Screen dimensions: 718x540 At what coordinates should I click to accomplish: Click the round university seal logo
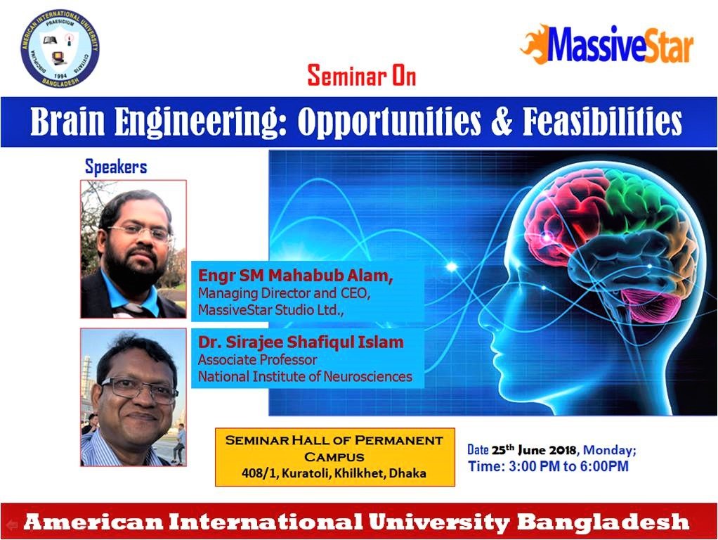point(60,49)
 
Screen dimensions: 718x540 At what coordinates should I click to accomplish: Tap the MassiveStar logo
point(607,44)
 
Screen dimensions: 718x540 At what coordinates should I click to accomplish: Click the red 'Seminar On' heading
point(362,76)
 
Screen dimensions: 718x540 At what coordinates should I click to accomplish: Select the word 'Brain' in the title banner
point(67,121)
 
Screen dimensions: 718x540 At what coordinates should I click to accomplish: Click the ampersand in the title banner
point(502,122)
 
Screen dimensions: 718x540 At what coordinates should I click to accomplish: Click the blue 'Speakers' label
point(116,167)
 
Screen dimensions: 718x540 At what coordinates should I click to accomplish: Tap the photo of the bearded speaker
point(133,250)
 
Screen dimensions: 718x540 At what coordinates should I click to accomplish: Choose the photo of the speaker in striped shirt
point(133,397)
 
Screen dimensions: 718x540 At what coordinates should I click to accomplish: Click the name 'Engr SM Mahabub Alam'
point(294,276)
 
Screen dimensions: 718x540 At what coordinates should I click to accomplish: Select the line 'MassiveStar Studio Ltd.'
point(270,310)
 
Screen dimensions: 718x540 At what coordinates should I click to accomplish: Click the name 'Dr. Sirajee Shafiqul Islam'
point(301,342)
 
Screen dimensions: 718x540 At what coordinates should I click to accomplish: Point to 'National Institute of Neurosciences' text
point(305,377)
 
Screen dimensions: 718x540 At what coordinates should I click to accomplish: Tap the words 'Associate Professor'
point(257,360)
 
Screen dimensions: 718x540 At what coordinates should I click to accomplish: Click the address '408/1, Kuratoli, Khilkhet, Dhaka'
point(334,473)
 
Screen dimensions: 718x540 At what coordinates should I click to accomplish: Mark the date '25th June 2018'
point(534,450)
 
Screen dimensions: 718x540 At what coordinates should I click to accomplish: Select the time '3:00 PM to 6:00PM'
point(568,467)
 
